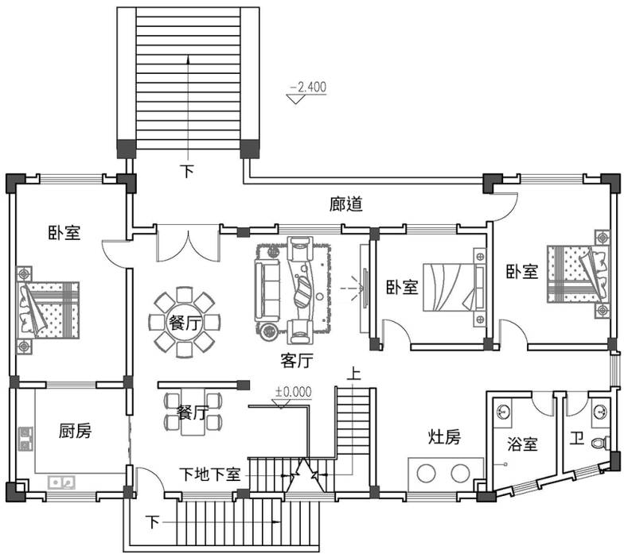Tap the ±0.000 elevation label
[x=293, y=392]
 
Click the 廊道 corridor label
[x=346, y=204]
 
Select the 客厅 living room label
[x=296, y=361]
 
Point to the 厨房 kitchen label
[x=75, y=431]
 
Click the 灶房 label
[x=444, y=437]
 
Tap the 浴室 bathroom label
[x=522, y=444]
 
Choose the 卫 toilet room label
[x=577, y=439]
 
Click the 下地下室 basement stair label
[x=209, y=475]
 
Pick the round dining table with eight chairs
[x=185, y=322]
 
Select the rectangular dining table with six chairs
[x=193, y=412]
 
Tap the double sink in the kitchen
[x=61, y=482]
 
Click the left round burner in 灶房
[x=426, y=473]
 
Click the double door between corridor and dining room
[x=188, y=242]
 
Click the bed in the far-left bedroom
[x=48, y=310]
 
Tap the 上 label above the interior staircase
[x=353, y=374]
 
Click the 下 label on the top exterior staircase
[x=187, y=171]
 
